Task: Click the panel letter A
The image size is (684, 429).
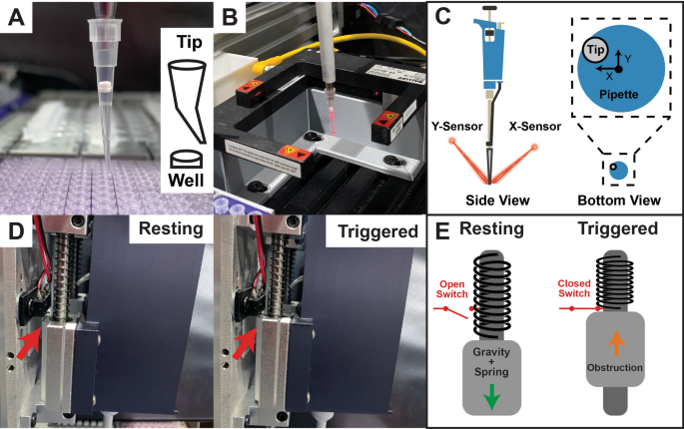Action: point(16,17)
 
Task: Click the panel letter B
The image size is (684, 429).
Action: point(230,17)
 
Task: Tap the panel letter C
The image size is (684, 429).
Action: point(442,17)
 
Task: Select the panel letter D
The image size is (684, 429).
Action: point(16,231)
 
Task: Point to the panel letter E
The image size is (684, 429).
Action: point(442,231)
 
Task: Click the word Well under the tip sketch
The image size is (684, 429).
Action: point(186,180)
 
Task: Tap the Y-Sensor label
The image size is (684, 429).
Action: point(456,127)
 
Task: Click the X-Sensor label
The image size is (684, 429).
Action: point(535,127)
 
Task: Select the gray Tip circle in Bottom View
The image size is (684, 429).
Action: point(595,50)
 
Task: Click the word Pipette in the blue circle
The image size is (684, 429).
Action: point(618,95)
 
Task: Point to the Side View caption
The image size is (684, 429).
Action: point(497,201)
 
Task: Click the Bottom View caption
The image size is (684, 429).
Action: point(619,201)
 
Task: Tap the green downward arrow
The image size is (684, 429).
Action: point(491,396)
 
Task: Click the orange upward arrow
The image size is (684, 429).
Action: point(616,342)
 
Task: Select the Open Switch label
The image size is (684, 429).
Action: point(452,289)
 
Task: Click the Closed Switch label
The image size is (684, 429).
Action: point(574,288)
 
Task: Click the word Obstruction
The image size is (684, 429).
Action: point(615,367)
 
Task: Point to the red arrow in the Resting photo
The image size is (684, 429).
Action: point(30,343)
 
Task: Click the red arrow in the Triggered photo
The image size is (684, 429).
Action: point(246,343)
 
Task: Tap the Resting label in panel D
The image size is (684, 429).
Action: point(171,228)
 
